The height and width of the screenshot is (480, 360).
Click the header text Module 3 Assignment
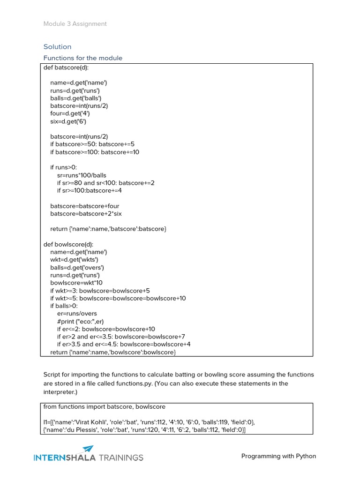tap(75, 24)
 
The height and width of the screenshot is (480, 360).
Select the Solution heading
tap(57, 47)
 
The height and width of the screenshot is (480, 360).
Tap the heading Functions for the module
tap(82, 58)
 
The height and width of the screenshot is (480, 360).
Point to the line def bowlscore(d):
tap(68, 244)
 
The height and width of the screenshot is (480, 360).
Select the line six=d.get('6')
tap(68, 121)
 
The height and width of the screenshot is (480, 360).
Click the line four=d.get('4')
tap(70, 113)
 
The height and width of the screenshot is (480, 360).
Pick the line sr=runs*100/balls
tap(82, 175)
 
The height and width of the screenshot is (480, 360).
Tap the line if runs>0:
tap(63, 167)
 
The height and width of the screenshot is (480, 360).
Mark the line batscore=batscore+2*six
tap(86, 214)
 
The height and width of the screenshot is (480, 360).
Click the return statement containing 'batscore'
tap(108, 229)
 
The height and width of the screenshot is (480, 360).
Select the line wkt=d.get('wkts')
tap(74, 260)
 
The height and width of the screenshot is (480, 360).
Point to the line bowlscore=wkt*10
tap(76, 283)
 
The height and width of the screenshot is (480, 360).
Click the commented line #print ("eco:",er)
tap(80, 321)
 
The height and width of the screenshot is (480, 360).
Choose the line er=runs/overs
tap(77, 314)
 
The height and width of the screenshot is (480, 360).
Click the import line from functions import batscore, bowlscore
tap(104, 407)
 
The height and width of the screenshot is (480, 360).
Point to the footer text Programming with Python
tap(278, 456)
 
